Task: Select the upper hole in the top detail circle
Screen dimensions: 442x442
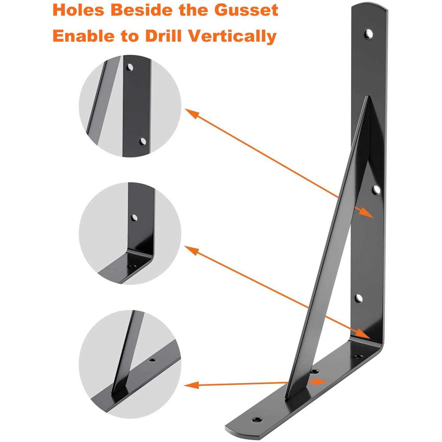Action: [x=130, y=67]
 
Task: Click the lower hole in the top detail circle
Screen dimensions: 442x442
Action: [x=143, y=142]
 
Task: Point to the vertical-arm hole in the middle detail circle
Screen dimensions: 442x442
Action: [x=134, y=217]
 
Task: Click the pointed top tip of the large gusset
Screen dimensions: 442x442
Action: [x=368, y=96]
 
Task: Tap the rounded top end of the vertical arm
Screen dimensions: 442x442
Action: [x=369, y=5]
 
